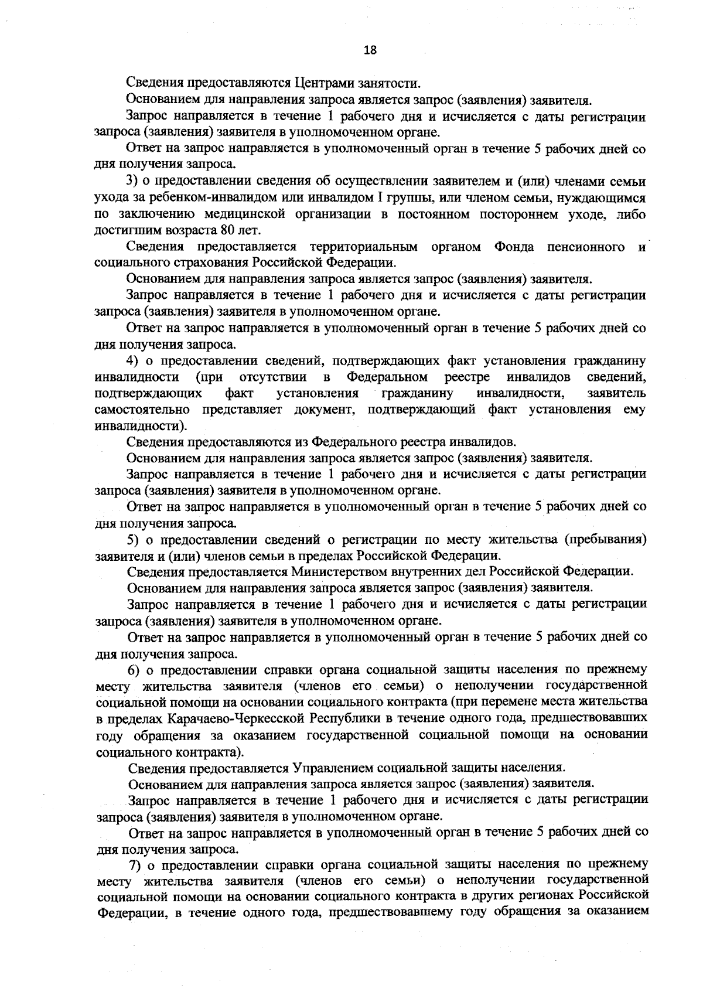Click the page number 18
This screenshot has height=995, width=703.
[370, 50]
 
